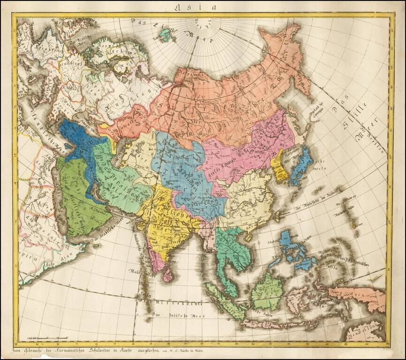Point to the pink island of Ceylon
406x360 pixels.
click(x=167, y=275)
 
